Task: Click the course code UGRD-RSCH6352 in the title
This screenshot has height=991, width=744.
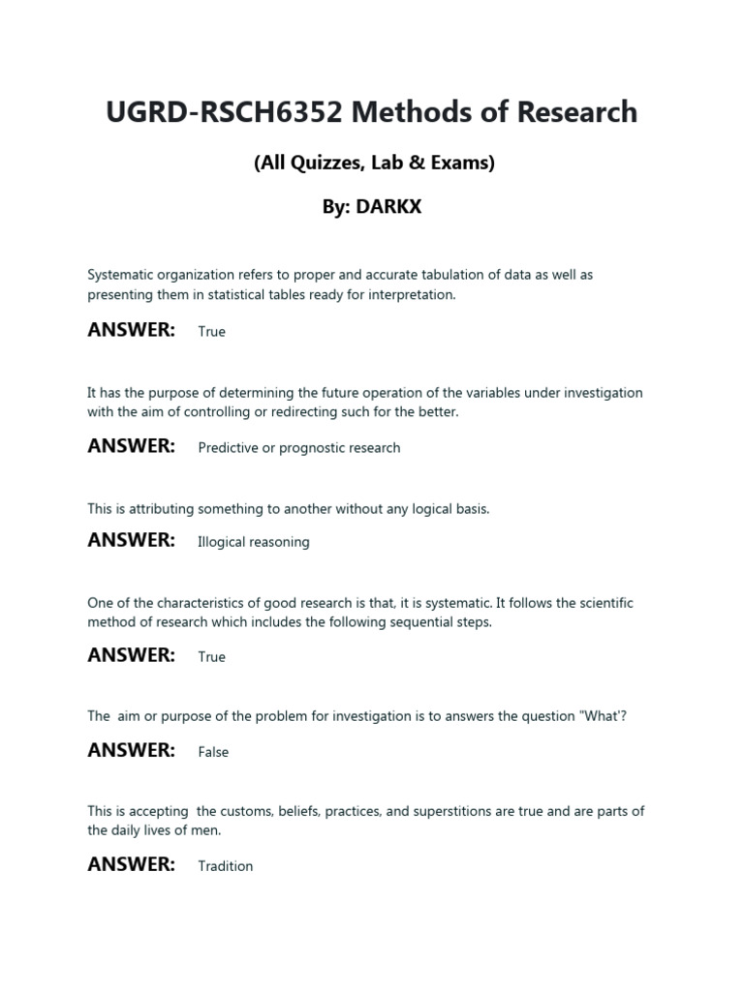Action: click(224, 112)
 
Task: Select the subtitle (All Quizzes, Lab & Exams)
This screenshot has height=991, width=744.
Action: click(374, 163)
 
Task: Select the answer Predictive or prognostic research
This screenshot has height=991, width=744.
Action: click(298, 448)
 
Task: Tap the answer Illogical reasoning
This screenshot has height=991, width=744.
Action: click(253, 542)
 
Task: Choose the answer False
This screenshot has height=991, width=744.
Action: click(213, 752)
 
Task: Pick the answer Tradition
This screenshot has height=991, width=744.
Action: click(225, 866)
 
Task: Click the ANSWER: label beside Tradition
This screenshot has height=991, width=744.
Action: click(131, 864)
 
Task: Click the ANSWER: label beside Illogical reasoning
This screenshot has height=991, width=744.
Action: click(131, 540)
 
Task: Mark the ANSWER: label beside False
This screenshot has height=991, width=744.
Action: click(131, 750)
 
